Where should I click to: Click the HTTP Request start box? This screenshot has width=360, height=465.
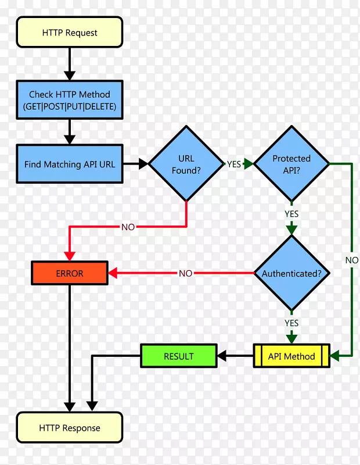pyautogui.click(x=70, y=32)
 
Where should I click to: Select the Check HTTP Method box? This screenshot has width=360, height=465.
pyautogui.click(x=70, y=100)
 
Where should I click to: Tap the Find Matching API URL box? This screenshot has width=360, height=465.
pyautogui.click(x=70, y=164)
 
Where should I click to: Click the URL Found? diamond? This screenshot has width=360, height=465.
pyautogui.click(x=186, y=164)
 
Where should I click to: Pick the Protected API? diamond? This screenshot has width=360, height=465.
pyautogui.click(x=291, y=164)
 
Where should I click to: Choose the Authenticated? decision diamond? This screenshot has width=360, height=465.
pyautogui.click(x=291, y=273)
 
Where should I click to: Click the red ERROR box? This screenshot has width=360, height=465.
pyautogui.click(x=70, y=273)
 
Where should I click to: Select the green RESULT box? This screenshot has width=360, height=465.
pyautogui.click(x=179, y=356)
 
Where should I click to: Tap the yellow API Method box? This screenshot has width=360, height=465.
pyautogui.click(x=291, y=356)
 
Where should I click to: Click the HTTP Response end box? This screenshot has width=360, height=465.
pyautogui.click(x=70, y=428)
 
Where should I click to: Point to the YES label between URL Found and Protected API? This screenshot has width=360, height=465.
pyautogui.click(x=234, y=164)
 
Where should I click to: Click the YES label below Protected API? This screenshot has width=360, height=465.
pyautogui.click(x=291, y=214)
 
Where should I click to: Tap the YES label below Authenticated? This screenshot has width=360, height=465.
pyautogui.click(x=291, y=323)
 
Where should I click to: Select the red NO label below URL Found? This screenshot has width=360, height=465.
pyautogui.click(x=128, y=227)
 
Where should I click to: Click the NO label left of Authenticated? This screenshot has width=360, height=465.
pyautogui.click(x=185, y=273)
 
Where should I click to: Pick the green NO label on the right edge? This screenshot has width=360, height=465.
pyautogui.click(x=352, y=260)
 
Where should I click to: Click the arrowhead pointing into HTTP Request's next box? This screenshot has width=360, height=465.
pyautogui.click(x=70, y=76)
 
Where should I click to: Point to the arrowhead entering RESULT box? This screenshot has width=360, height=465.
pyautogui.click(x=222, y=356)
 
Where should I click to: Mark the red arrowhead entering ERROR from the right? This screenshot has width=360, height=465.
pyautogui.click(x=113, y=273)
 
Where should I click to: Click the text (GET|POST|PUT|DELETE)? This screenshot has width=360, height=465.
pyautogui.click(x=70, y=107)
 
